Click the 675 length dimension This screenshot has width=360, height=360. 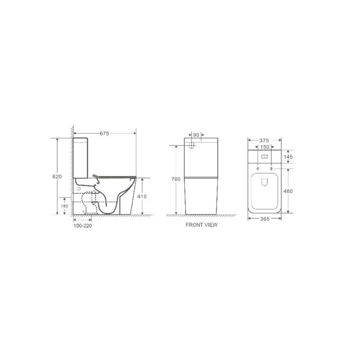tap(104, 133)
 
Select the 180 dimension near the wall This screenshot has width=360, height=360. tap(64, 206)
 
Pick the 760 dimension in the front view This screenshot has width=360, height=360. tap(176, 179)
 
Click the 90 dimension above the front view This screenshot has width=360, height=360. tap(196, 135)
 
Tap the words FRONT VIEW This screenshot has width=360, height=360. tap(201, 225)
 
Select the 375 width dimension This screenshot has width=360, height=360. tap(265, 140)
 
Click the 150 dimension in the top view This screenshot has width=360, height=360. tap(265, 147)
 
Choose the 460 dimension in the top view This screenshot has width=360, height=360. tap(288, 191)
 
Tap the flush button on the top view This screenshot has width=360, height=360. tap(265, 157)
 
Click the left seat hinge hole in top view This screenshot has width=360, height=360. tap(257, 168)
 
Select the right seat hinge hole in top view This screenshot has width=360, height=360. tap(272, 168)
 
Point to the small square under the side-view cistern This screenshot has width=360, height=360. tap(80, 183)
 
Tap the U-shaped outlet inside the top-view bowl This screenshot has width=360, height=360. tap(265, 182)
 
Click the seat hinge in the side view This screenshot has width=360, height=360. tap(96, 175)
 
